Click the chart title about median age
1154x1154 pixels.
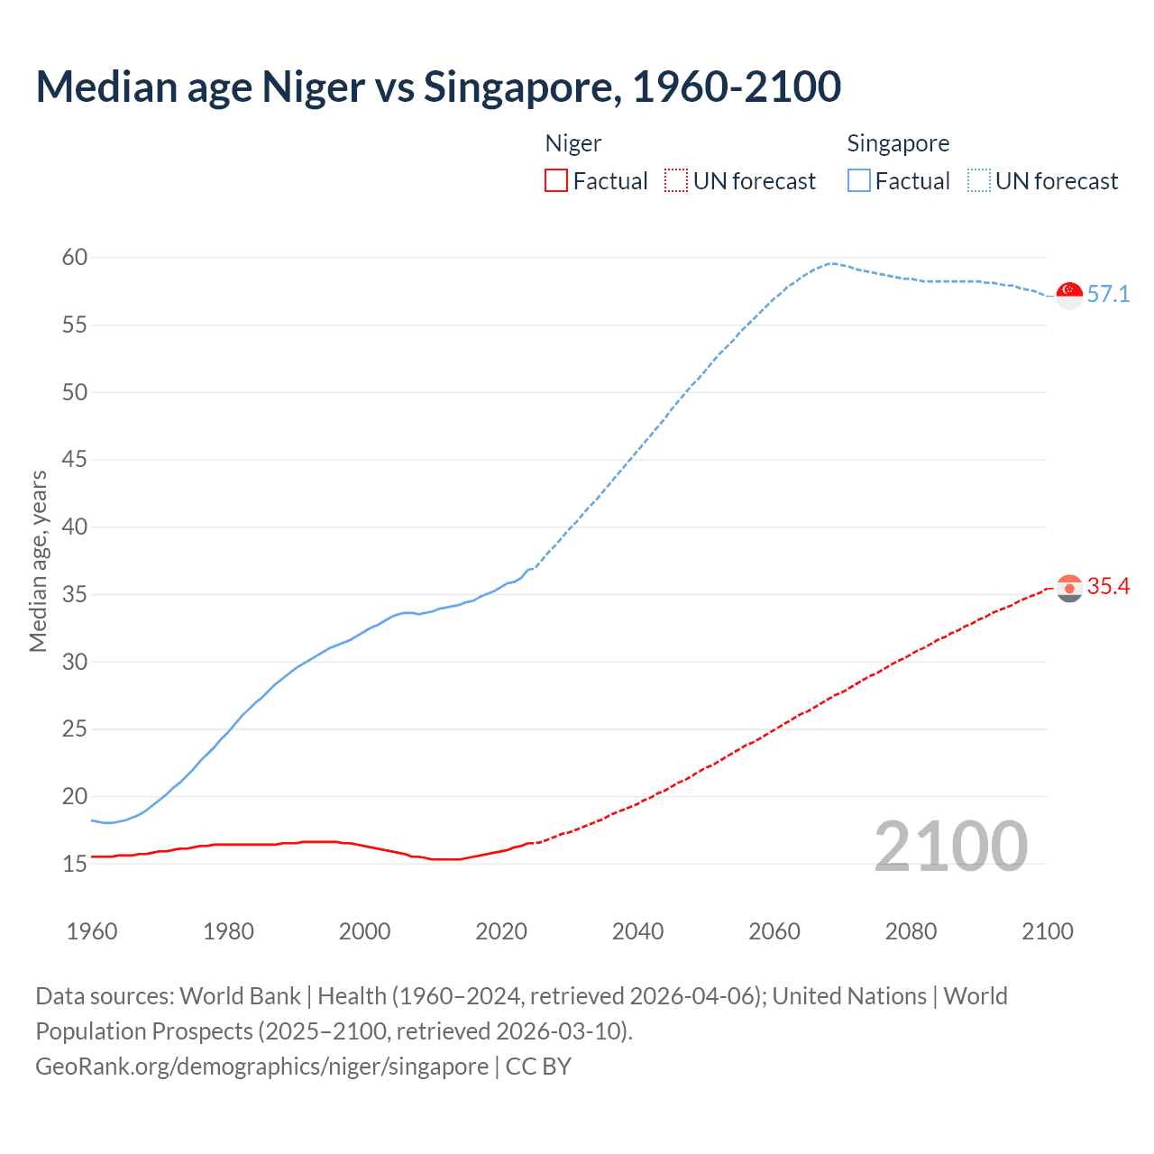tap(438, 87)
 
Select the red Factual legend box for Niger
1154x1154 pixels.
tap(556, 181)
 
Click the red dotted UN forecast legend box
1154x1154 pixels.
tap(676, 181)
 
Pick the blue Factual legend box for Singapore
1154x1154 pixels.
tap(859, 181)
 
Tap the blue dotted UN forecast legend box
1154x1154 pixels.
tap(979, 181)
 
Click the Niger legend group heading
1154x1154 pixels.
tap(573, 143)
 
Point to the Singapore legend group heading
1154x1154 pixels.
tap(898, 143)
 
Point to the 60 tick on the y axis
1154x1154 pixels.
tap(75, 258)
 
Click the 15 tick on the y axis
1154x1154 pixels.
tap(75, 864)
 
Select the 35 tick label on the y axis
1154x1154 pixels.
tap(75, 594)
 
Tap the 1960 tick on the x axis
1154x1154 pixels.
tap(92, 931)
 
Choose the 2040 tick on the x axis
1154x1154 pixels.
tap(637, 931)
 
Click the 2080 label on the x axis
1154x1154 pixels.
tap(911, 931)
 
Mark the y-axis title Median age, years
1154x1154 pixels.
tap(38, 561)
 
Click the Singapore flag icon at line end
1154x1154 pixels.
tap(1069, 295)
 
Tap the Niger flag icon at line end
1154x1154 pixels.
tap(1069, 588)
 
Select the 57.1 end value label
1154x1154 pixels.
tap(1108, 295)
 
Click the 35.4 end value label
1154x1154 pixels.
tap(1108, 587)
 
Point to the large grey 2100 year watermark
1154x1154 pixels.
tap(950, 847)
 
